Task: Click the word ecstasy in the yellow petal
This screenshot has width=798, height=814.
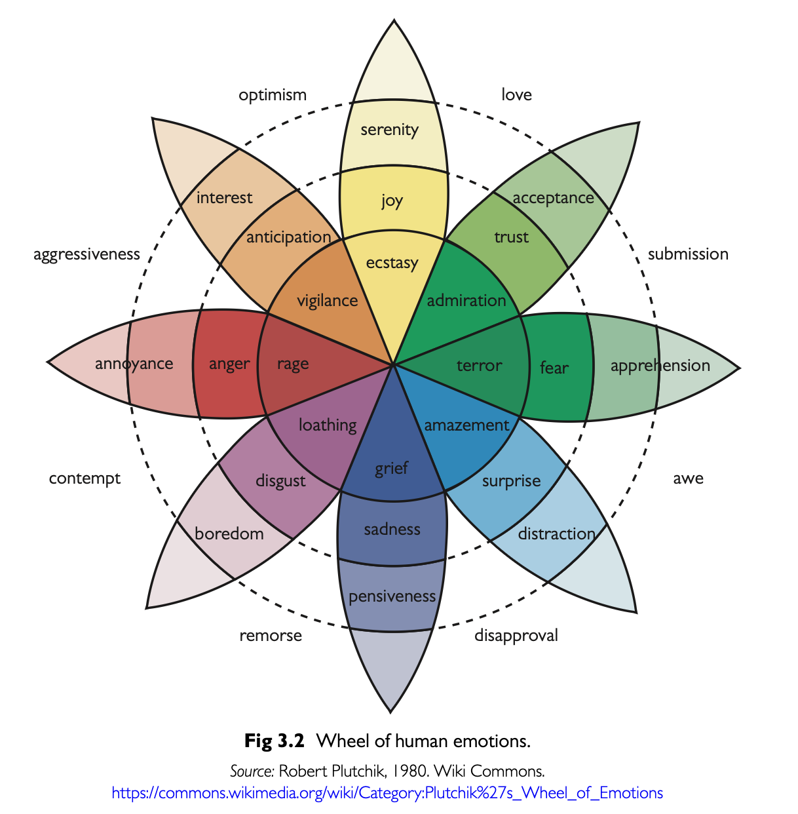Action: (x=392, y=263)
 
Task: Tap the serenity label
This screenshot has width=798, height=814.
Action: (x=389, y=130)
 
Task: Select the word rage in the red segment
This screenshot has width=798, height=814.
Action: (x=292, y=364)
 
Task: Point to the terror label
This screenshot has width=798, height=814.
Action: (x=479, y=366)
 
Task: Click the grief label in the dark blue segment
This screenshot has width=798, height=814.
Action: (x=391, y=469)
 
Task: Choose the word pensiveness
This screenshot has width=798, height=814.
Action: (x=392, y=596)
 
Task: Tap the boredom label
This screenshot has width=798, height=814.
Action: (x=229, y=533)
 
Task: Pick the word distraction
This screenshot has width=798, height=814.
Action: (x=556, y=534)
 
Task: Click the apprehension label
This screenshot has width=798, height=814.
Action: (x=660, y=366)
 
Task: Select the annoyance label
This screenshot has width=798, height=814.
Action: (x=134, y=364)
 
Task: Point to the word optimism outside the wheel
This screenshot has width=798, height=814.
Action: (x=273, y=95)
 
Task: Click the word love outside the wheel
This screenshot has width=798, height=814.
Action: (x=516, y=95)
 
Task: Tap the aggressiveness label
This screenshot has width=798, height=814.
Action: (x=86, y=254)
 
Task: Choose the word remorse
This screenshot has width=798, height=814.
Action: (x=271, y=635)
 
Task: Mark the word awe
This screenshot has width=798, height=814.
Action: (x=688, y=478)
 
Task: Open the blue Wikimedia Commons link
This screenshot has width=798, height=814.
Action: (x=387, y=793)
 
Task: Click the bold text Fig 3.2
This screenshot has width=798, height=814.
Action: (x=275, y=741)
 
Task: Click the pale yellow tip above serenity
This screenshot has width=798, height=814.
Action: (x=394, y=66)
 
